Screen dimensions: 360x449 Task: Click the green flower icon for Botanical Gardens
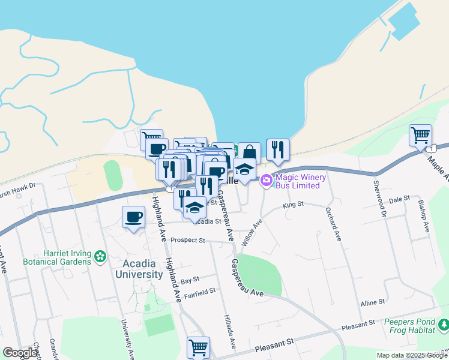(x=100, y=257)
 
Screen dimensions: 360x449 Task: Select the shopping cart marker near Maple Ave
(x=420, y=135)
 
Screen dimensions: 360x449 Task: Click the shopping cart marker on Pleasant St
(x=198, y=346)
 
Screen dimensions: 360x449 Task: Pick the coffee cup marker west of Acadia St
(x=133, y=217)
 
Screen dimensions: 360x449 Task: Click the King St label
(x=294, y=205)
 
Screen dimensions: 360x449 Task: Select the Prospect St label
(x=188, y=240)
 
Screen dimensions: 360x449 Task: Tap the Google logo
(x=20, y=353)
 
